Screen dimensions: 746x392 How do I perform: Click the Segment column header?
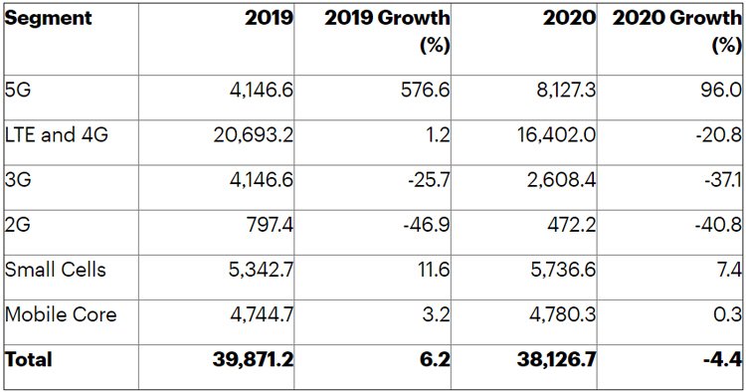pyautogui.click(x=48, y=18)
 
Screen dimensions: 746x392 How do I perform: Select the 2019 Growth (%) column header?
pyautogui.click(x=387, y=32)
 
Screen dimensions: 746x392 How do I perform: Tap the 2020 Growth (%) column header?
pyautogui.click(x=677, y=32)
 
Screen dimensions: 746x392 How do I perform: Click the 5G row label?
pyautogui.click(x=18, y=89)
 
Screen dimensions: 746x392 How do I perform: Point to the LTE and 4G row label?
pyautogui.click(x=57, y=134)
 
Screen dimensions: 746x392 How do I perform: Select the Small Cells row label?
pyautogui.click(x=55, y=270)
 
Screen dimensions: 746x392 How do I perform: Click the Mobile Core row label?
pyautogui.click(x=61, y=314)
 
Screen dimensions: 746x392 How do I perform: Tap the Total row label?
pyautogui.click(x=29, y=359)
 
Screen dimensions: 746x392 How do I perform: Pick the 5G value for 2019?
pyautogui.click(x=262, y=90)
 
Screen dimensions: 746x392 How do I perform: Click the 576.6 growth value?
pyautogui.click(x=425, y=90)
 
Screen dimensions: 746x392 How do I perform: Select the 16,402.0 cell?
pyautogui.click(x=556, y=135)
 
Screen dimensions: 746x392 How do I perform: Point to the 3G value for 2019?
pyautogui.click(x=262, y=180)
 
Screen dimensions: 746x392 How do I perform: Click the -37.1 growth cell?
pyautogui.click(x=723, y=180)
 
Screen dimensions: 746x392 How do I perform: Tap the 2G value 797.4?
pyautogui.click(x=270, y=225)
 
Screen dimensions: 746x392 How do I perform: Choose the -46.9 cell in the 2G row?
pyautogui.click(x=427, y=225)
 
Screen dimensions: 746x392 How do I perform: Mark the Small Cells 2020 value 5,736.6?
pyautogui.click(x=563, y=270)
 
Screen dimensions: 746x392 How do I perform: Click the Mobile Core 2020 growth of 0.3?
pyautogui.click(x=727, y=314)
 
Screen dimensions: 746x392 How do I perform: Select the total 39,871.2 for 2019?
pyautogui.click(x=253, y=359)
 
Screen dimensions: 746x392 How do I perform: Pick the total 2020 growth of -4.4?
pyautogui.click(x=723, y=359)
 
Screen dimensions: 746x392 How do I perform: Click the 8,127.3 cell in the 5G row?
pyautogui.click(x=566, y=90)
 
